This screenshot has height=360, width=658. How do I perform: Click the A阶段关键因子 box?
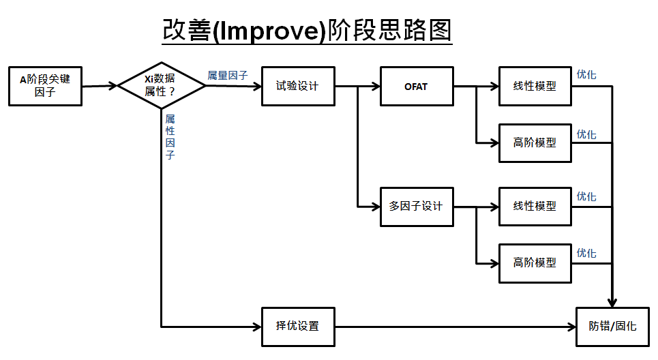[x=45, y=86]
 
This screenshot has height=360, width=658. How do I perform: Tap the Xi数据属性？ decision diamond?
[x=161, y=86]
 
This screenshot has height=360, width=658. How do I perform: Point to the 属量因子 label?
[x=228, y=76]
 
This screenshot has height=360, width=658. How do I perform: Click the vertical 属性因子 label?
[x=170, y=137]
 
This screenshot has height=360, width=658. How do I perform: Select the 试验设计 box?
[x=298, y=86]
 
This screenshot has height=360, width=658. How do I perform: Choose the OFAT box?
[x=416, y=87]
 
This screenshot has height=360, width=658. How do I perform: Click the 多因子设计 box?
[x=416, y=206]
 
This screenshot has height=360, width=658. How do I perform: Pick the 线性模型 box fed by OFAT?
[x=535, y=87]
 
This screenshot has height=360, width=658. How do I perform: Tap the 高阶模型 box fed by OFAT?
[x=535, y=142]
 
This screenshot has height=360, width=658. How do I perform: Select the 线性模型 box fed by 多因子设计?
[x=535, y=206]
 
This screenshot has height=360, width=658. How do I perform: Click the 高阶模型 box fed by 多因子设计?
[x=535, y=262]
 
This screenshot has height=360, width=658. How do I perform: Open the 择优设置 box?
[x=298, y=326]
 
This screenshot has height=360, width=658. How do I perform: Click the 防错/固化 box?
[x=612, y=326]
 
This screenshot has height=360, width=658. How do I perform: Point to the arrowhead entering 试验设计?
[x=257, y=87]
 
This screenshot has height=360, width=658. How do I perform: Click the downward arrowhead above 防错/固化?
[x=612, y=302]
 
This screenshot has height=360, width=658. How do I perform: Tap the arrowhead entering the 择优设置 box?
[x=257, y=326]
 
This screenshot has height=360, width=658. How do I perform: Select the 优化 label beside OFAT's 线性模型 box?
[x=586, y=74]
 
